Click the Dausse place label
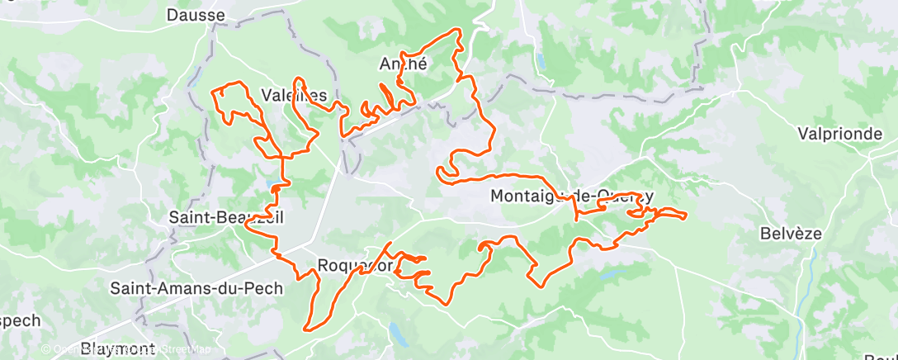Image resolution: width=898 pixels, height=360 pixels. (196, 15)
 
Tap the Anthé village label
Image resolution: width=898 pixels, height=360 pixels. (403, 64)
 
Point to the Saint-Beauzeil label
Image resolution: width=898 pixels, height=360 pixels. (214, 218)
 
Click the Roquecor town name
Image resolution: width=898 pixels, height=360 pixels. (353, 266)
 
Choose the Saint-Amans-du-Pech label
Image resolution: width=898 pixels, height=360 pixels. (196, 289)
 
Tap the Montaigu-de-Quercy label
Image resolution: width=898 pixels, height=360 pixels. (572, 196)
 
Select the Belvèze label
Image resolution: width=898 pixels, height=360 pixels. (791, 234)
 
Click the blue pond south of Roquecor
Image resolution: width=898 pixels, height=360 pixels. (398, 333)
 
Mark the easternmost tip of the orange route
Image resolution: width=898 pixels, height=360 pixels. (686, 216)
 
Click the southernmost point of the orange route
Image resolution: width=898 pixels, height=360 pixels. (307, 329)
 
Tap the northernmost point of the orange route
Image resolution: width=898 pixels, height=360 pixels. (455, 30)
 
